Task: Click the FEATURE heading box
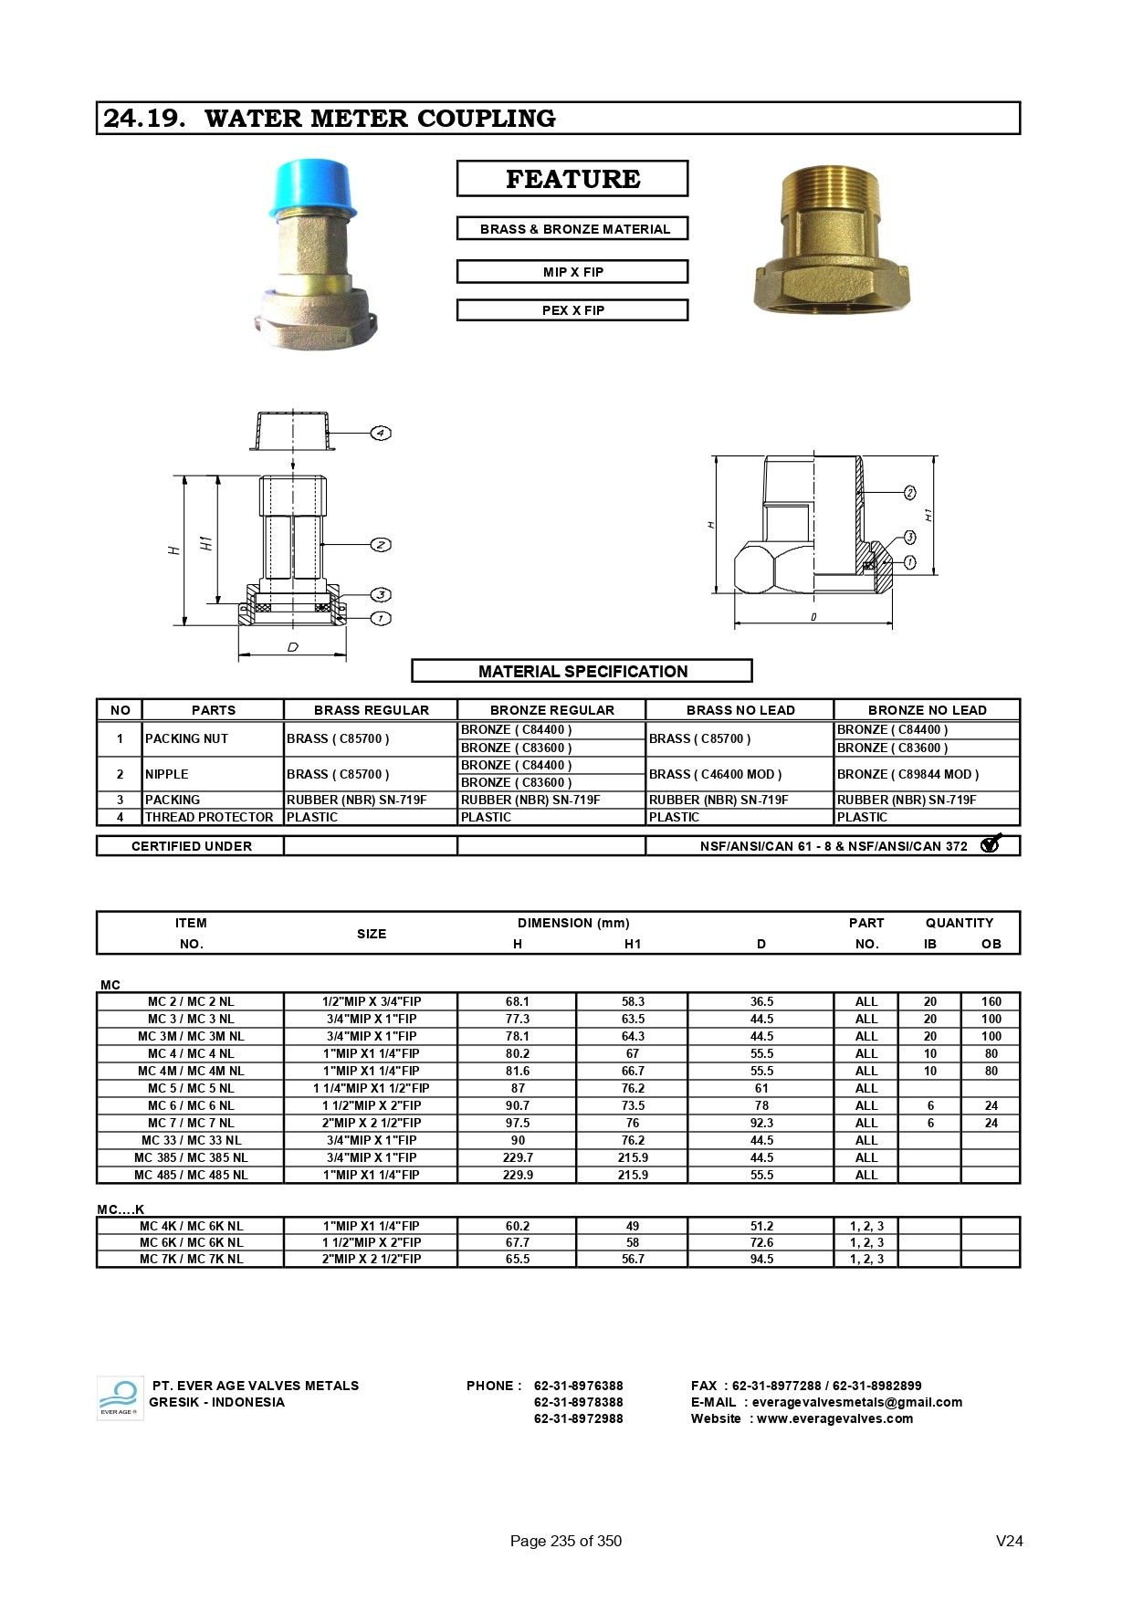click(x=572, y=179)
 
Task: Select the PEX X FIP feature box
click(x=572, y=310)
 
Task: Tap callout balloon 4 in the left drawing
click(x=381, y=433)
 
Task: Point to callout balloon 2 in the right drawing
click(x=909, y=493)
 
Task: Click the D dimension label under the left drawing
click(x=293, y=647)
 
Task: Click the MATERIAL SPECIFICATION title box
click(x=582, y=671)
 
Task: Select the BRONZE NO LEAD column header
click(x=927, y=710)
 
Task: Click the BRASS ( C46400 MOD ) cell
click(x=716, y=774)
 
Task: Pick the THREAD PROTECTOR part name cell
click(x=209, y=817)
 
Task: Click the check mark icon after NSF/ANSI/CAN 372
click(x=991, y=844)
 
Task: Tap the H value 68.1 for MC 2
click(x=518, y=1001)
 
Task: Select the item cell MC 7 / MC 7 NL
click(x=191, y=1123)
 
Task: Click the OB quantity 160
click(x=991, y=1001)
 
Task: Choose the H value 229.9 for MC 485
click(x=518, y=1175)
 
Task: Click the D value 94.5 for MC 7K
click(x=761, y=1259)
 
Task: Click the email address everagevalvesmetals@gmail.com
click(x=856, y=1402)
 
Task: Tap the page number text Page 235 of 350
click(x=565, y=1541)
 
